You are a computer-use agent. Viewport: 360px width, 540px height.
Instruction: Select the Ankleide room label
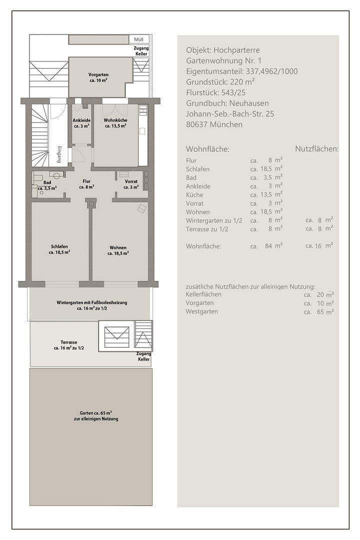[x=81, y=123]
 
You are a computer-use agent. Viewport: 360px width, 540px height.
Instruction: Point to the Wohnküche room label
[x=115, y=123]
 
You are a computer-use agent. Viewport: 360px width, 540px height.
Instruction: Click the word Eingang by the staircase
[x=59, y=153]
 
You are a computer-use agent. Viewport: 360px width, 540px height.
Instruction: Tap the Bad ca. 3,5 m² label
[x=47, y=185]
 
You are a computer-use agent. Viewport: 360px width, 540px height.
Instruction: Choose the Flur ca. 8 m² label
[x=87, y=184]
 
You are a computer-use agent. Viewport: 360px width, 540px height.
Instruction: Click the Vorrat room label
[x=131, y=184]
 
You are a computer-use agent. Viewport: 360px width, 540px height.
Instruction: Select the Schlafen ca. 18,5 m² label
[x=59, y=249]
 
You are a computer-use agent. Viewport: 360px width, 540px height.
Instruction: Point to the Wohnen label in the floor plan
[x=118, y=250]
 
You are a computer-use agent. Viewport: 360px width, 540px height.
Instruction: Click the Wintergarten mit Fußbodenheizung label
[x=92, y=305]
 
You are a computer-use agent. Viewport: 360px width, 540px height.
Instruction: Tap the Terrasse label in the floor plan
[x=68, y=344]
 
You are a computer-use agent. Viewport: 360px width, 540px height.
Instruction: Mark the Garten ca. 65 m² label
[x=95, y=415]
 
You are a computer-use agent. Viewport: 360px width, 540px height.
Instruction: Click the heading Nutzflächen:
[x=316, y=149]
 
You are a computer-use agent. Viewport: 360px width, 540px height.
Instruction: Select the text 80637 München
[x=214, y=124]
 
